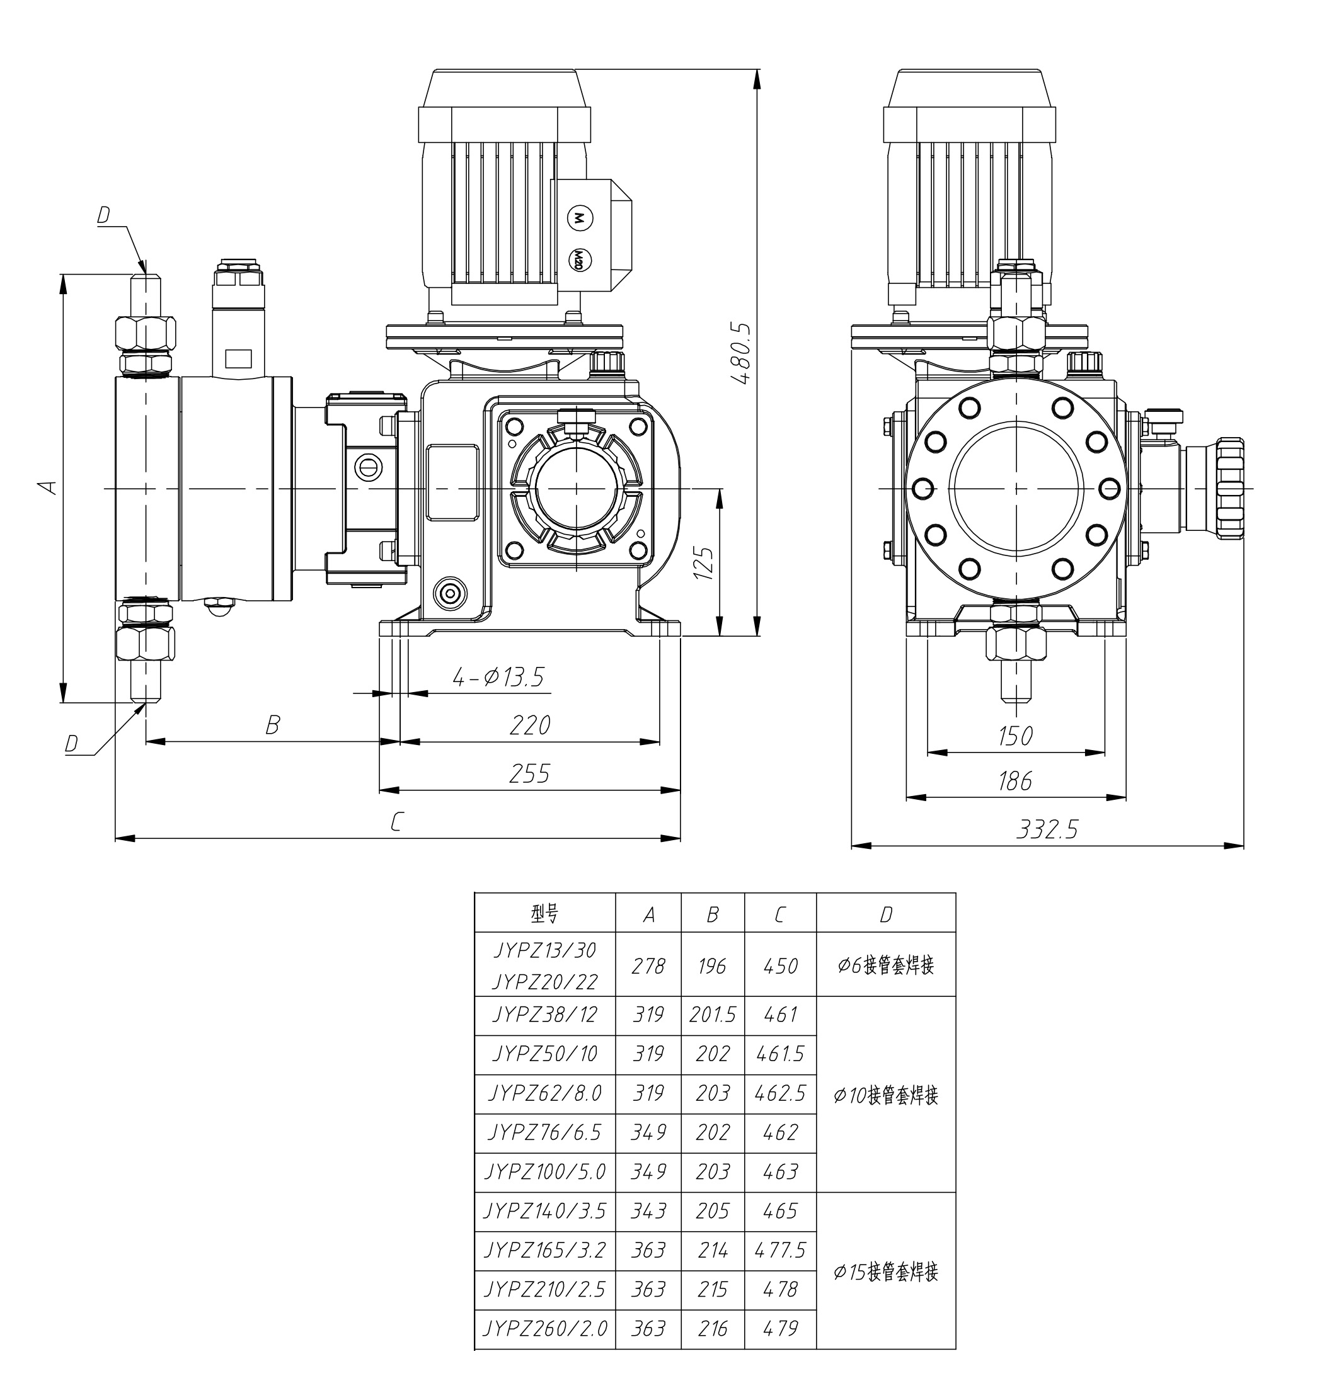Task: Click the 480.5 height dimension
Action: (x=742, y=353)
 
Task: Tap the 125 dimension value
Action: (x=703, y=562)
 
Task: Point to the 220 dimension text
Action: (x=529, y=724)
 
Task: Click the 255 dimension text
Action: (x=529, y=773)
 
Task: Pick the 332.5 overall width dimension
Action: (x=1047, y=829)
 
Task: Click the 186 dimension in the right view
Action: (x=1014, y=781)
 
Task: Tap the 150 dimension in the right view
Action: (x=1014, y=736)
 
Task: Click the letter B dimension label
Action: (x=272, y=724)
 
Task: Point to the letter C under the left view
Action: (x=397, y=821)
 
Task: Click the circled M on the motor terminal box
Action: (x=580, y=218)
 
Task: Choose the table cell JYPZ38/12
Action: (x=545, y=1015)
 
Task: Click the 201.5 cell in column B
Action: (x=712, y=1015)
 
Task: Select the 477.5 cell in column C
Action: (x=780, y=1250)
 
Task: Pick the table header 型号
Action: (x=545, y=914)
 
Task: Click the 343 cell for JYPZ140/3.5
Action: (x=648, y=1211)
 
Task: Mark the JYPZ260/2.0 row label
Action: (x=545, y=1329)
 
